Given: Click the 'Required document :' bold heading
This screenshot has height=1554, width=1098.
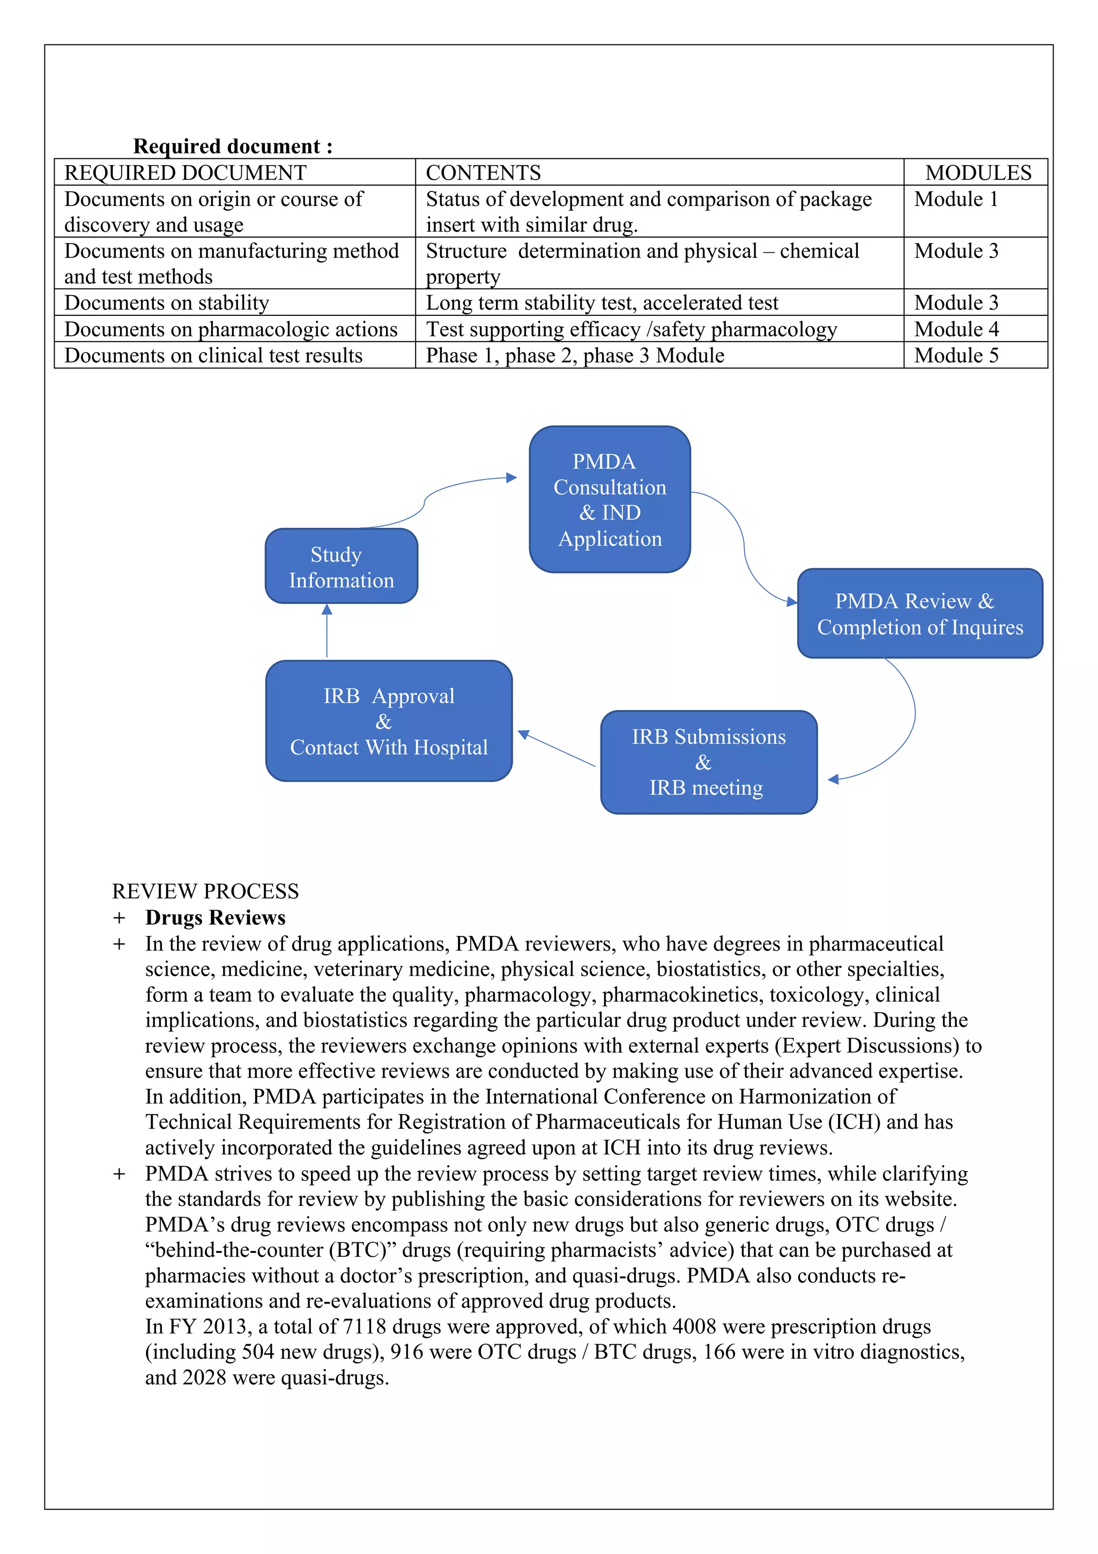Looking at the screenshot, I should [x=233, y=146].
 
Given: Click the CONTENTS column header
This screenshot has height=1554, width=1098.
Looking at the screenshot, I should [x=483, y=173].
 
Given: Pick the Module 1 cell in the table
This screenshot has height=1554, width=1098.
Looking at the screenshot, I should [x=955, y=199].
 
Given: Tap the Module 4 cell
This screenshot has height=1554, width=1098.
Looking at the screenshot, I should [x=956, y=329].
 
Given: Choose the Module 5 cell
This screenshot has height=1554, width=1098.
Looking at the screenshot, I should [x=956, y=355].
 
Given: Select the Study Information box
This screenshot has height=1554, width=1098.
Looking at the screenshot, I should [x=341, y=566].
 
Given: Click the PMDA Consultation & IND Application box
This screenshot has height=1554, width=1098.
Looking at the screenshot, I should [x=610, y=499].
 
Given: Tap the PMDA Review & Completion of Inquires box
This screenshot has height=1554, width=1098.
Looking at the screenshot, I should [x=919, y=613].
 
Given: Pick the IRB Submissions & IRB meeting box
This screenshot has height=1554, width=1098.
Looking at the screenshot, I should [x=708, y=762].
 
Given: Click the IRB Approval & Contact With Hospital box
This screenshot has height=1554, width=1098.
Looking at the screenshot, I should [x=389, y=721].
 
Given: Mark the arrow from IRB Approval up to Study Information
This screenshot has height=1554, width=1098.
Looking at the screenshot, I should [x=327, y=631].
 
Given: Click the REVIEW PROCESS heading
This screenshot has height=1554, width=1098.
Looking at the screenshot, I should [x=205, y=890].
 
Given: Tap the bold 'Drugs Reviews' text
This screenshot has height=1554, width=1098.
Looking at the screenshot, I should [x=215, y=917].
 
